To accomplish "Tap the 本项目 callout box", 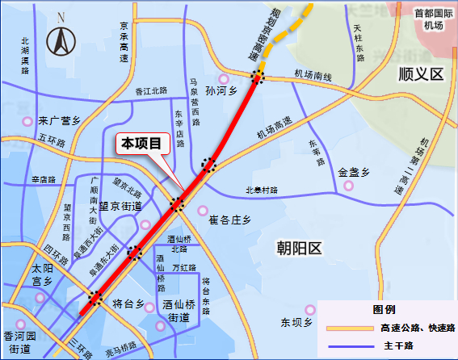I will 142,144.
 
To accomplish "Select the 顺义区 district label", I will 422,73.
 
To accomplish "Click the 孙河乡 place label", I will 224,92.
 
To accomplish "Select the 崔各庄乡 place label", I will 230,220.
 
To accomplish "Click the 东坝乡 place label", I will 296,322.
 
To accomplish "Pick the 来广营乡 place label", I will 59,121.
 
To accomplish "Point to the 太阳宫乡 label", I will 41,274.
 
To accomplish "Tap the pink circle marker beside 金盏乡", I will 349,186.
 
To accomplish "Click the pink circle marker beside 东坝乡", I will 309,309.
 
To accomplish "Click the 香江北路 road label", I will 151,91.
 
